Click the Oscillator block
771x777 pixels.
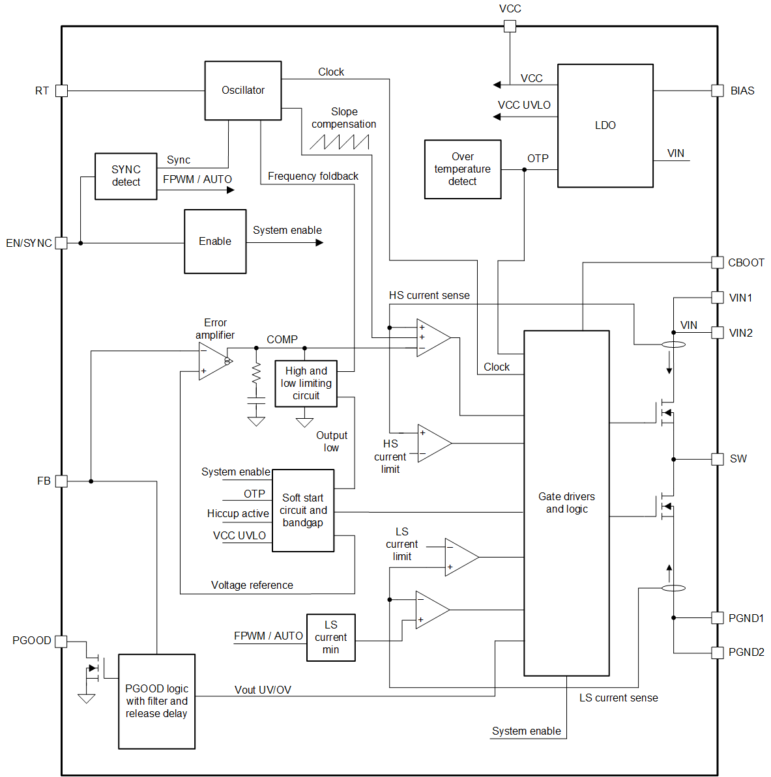(243, 91)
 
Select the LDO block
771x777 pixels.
(605, 126)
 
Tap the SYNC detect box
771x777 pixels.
(126, 176)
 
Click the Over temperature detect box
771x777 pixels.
(462, 169)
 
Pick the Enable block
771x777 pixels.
(215, 242)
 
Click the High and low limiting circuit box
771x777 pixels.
(306, 384)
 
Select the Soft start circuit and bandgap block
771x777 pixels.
(303, 511)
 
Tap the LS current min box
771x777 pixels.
(330, 638)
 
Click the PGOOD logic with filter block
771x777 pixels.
(156, 701)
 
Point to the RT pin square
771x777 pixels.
(61, 91)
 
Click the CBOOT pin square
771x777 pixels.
(717, 262)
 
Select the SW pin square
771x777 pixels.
(717, 459)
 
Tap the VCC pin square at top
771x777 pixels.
(510, 26)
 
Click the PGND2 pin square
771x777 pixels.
(717, 653)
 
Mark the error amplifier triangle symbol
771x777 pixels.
(212, 361)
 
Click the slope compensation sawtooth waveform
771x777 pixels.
(340, 141)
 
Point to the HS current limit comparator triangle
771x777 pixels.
(432, 444)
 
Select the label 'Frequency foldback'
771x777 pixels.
(313, 177)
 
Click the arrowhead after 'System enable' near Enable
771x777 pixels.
(319, 243)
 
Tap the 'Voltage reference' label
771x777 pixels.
(252, 586)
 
